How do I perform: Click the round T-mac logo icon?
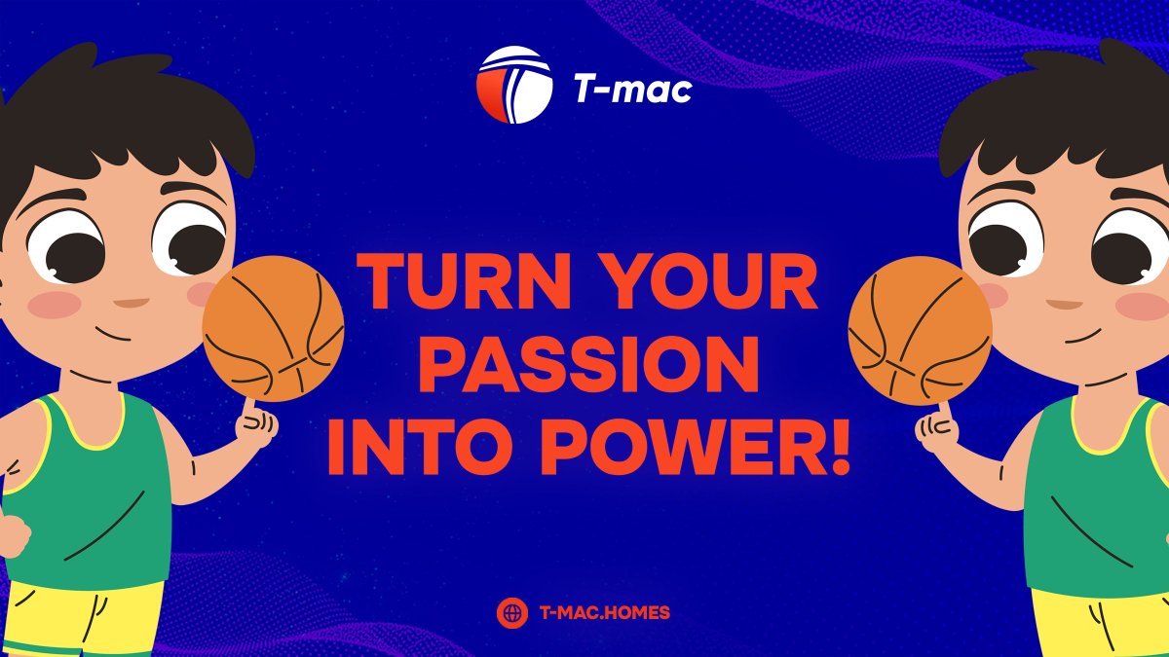click(514, 87)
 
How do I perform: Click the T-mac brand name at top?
click(632, 90)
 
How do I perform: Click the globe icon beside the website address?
click(511, 612)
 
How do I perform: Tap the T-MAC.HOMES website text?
click(604, 612)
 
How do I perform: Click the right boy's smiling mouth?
click(1081, 337)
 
